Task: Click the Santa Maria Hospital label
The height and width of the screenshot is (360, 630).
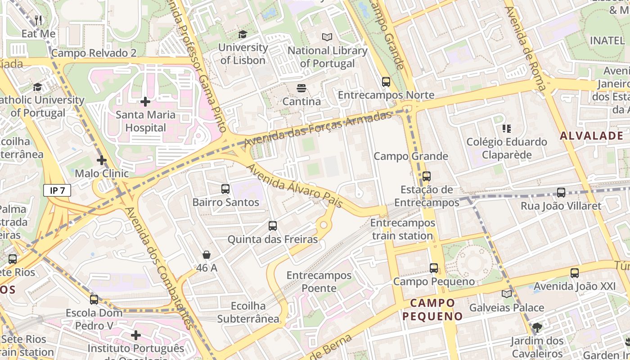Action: [x=145, y=121]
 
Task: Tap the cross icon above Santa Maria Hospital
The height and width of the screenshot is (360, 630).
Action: [x=145, y=102]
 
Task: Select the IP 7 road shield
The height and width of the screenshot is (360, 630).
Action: [x=57, y=190]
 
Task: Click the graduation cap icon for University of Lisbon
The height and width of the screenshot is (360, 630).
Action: [x=243, y=34]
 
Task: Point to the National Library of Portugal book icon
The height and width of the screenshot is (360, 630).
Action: [x=327, y=37]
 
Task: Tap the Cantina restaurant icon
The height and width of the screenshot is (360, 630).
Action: [x=301, y=88]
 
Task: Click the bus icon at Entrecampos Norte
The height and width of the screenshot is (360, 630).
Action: [x=386, y=82]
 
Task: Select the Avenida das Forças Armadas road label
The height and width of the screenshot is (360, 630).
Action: [x=318, y=129]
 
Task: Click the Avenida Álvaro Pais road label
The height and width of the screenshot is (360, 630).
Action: [x=295, y=185]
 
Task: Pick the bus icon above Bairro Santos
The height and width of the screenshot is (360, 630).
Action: [x=225, y=189]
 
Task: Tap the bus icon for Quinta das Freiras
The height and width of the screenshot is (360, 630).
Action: [x=272, y=226]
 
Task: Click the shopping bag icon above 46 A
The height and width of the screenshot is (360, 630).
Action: [x=207, y=255]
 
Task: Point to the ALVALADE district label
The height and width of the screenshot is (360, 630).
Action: [x=591, y=136]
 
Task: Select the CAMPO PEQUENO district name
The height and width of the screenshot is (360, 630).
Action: [x=432, y=309]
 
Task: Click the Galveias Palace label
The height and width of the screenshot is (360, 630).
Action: [x=507, y=308]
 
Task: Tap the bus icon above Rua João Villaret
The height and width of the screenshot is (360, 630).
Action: [x=561, y=193]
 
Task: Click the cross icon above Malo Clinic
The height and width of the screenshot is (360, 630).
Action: [x=102, y=160]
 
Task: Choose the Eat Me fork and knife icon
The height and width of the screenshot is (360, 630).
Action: [x=39, y=20]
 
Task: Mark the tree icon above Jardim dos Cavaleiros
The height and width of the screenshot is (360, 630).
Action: [x=537, y=327]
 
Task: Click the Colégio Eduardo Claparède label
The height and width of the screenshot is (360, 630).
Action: [x=507, y=148]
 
